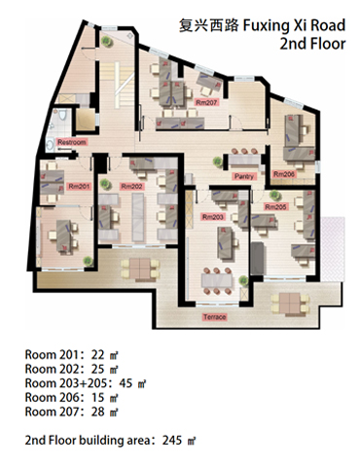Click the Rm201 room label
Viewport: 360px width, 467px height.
(79, 187)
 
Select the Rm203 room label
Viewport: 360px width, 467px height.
(213, 217)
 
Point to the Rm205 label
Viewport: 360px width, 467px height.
(275, 206)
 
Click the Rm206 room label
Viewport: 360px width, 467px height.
(284, 174)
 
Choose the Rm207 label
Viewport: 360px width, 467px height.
(206, 102)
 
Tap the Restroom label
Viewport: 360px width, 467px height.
(72, 142)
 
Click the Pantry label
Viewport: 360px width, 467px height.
(244, 176)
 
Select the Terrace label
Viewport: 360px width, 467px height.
(215, 317)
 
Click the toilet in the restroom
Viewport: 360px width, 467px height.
(62, 115)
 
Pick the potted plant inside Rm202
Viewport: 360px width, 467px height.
(105, 184)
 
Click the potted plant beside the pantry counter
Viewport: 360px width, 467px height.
(218, 162)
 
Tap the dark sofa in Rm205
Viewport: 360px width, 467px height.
(258, 258)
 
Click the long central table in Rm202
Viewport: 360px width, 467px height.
(138, 217)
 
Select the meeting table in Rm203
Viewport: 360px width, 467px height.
(217, 281)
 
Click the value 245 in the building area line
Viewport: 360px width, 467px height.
(172, 440)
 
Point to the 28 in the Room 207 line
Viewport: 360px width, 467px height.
(97, 412)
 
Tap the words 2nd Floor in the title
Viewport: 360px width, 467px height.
(312, 44)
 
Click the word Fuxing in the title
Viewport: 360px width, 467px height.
(266, 26)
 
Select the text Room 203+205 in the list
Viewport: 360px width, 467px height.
(66, 383)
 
